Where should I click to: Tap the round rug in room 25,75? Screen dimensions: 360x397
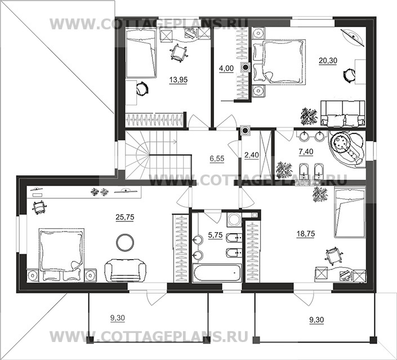(125, 243)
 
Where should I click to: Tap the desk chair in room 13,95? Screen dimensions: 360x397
(179, 52)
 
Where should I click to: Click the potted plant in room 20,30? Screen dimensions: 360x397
(309, 117)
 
